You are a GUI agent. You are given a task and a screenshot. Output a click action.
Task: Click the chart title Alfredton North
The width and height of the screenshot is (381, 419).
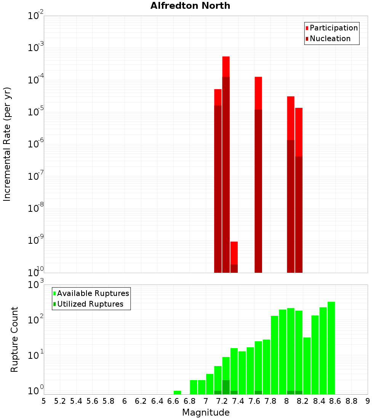coord(190,6)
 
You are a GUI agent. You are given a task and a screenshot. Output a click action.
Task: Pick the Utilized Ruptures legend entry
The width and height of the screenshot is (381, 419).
coord(90,304)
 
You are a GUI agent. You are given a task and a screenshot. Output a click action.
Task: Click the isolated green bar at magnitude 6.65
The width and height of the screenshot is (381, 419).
coord(177,392)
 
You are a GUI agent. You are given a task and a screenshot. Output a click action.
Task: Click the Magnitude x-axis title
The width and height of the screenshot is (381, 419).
coord(206,413)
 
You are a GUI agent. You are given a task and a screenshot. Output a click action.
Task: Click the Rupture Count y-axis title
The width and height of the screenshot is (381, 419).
coord(14,339)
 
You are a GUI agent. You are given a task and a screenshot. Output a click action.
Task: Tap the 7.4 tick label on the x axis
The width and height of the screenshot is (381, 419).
coord(238,401)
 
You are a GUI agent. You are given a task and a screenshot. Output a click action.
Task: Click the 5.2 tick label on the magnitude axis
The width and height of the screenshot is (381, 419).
coord(60,401)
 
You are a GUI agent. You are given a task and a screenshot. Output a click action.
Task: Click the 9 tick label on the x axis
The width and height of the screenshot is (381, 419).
coord(368,401)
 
